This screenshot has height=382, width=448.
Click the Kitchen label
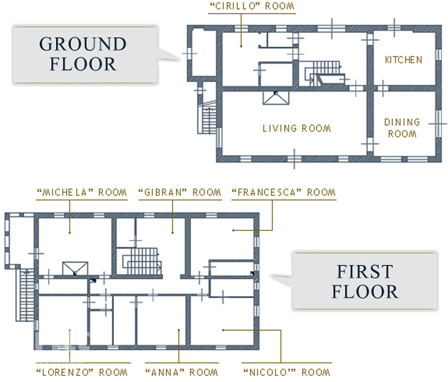tap(404, 60)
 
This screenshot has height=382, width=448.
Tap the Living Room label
tap(297, 128)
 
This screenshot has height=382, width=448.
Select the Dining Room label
tap(402, 128)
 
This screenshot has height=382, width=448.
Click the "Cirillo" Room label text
tap(252, 6)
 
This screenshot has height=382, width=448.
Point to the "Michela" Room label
tap(82, 192)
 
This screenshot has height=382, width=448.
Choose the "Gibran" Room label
tap(180, 192)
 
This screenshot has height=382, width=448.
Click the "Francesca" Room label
tap(284, 192)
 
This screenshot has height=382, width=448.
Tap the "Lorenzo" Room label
tap(82, 372)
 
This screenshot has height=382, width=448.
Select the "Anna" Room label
tap(182, 372)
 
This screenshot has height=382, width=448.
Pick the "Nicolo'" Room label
tap(287, 372)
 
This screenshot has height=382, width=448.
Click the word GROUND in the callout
tap(83, 44)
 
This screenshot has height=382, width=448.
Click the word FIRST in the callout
tap(365, 272)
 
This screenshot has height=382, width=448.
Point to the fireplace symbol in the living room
tap(276, 98)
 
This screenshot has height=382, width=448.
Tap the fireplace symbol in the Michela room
tap(75, 269)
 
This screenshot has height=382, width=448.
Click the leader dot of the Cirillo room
tap(241, 46)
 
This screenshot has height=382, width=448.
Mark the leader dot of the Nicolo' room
tap(223, 330)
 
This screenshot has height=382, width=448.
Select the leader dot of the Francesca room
tap(233, 230)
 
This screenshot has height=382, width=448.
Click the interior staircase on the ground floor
tap(325, 74)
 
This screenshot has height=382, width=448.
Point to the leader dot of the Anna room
tap(179, 330)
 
